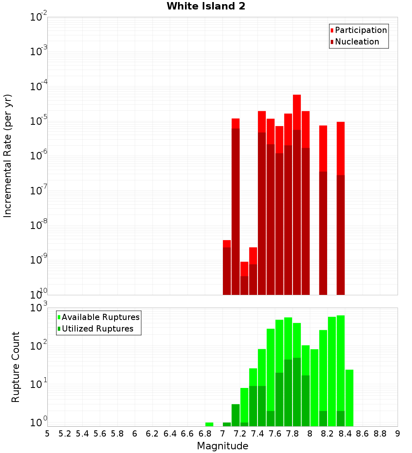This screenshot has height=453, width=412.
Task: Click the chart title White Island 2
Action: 206,7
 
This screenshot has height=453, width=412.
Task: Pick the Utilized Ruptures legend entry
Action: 97,329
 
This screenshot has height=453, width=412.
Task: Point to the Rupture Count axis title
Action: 16,367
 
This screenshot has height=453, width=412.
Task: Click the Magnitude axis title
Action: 222,446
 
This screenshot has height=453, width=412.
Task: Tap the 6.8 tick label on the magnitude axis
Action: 205,434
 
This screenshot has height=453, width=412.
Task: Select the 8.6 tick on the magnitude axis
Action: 363,434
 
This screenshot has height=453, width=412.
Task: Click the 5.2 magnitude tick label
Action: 65,434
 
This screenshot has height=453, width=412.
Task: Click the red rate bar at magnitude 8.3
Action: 341,206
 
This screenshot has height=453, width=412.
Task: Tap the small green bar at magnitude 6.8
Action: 209,424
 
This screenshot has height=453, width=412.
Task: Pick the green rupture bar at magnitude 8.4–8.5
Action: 349,397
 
